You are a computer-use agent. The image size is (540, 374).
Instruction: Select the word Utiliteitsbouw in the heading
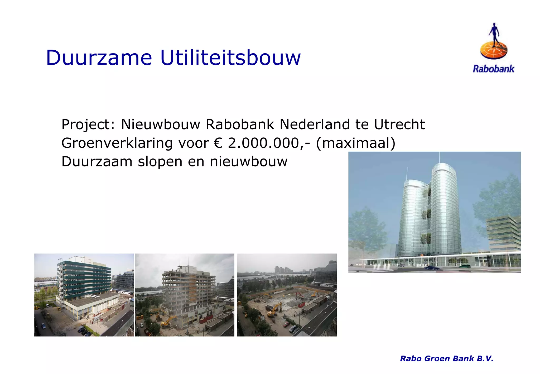230,57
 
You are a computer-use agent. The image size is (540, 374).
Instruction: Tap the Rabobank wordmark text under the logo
493,69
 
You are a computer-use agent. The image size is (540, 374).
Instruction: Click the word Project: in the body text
88,124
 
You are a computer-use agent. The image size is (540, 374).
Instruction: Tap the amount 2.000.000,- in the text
269,143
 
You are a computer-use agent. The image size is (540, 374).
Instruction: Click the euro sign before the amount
218,143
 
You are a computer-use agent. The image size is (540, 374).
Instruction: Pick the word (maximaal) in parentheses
355,143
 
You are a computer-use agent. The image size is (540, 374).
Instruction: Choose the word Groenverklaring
117,143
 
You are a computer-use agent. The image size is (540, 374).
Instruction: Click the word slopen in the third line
160,161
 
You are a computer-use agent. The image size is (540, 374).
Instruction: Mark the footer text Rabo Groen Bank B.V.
446,358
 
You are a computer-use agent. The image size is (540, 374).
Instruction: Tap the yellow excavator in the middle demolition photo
169,321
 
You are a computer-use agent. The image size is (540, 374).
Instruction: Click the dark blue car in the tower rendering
432,268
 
